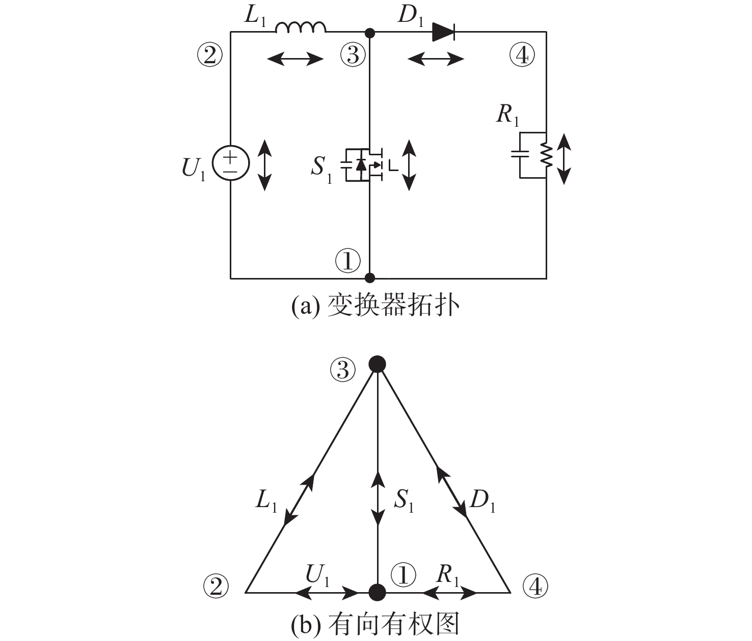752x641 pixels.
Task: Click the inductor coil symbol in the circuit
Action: [x=301, y=27]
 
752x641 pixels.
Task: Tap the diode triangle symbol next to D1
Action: [x=444, y=32]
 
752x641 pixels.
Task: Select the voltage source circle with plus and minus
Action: [x=231, y=163]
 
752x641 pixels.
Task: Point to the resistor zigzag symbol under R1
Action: [x=546, y=155]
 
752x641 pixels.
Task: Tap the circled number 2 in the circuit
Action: [x=210, y=56]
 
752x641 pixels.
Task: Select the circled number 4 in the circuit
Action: [x=522, y=55]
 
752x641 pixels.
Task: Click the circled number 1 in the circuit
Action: [x=347, y=261]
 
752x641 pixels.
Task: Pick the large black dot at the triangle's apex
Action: [x=377, y=364]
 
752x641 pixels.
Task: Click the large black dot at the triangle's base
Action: [x=377, y=592]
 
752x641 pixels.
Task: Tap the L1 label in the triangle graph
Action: [x=266, y=501]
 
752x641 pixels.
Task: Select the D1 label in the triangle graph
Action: [x=482, y=501]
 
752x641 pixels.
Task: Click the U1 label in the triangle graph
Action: [x=317, y=576]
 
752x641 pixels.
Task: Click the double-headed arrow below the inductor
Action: [x=295, y=59]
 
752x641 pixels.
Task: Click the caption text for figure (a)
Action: [x=375, y=306]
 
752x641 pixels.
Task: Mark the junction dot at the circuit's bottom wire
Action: [x=370, y=278]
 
